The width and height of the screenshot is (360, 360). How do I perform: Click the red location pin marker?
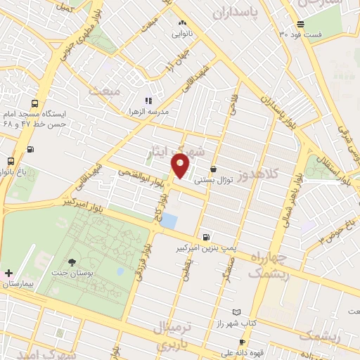(x=180, y=166)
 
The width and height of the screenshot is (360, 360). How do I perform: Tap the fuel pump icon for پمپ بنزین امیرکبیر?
(x=205, y=238)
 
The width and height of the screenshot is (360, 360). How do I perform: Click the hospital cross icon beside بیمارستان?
(x=8, y=273)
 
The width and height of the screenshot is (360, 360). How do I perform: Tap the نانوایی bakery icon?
(x=183, y=23)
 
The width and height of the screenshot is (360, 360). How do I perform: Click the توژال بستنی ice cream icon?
(x=214, y=169)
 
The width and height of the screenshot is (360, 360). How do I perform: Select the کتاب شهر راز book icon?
(x=236, y=312)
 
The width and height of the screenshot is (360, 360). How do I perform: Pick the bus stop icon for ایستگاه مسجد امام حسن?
(x=30, y=149)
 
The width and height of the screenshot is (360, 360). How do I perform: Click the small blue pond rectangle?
(x=169, y=221)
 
